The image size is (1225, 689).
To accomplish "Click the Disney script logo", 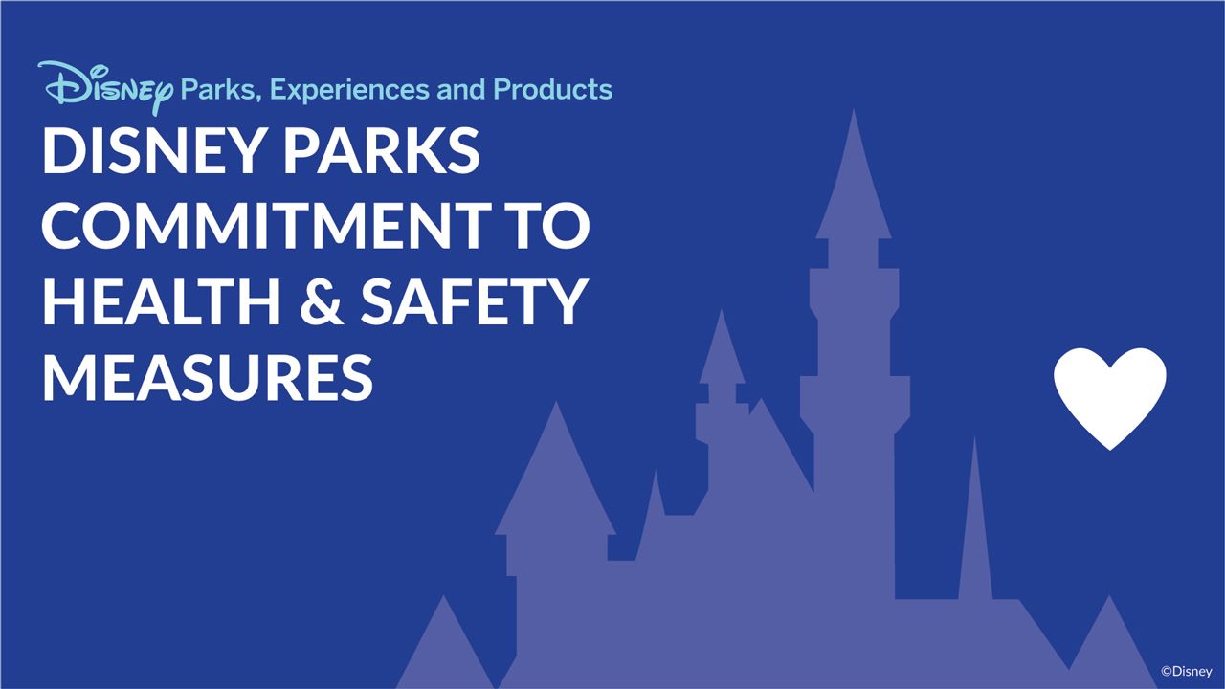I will [105, 88].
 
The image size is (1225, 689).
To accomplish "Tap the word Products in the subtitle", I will [552, 89].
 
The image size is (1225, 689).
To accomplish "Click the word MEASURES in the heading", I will [207, 375].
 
